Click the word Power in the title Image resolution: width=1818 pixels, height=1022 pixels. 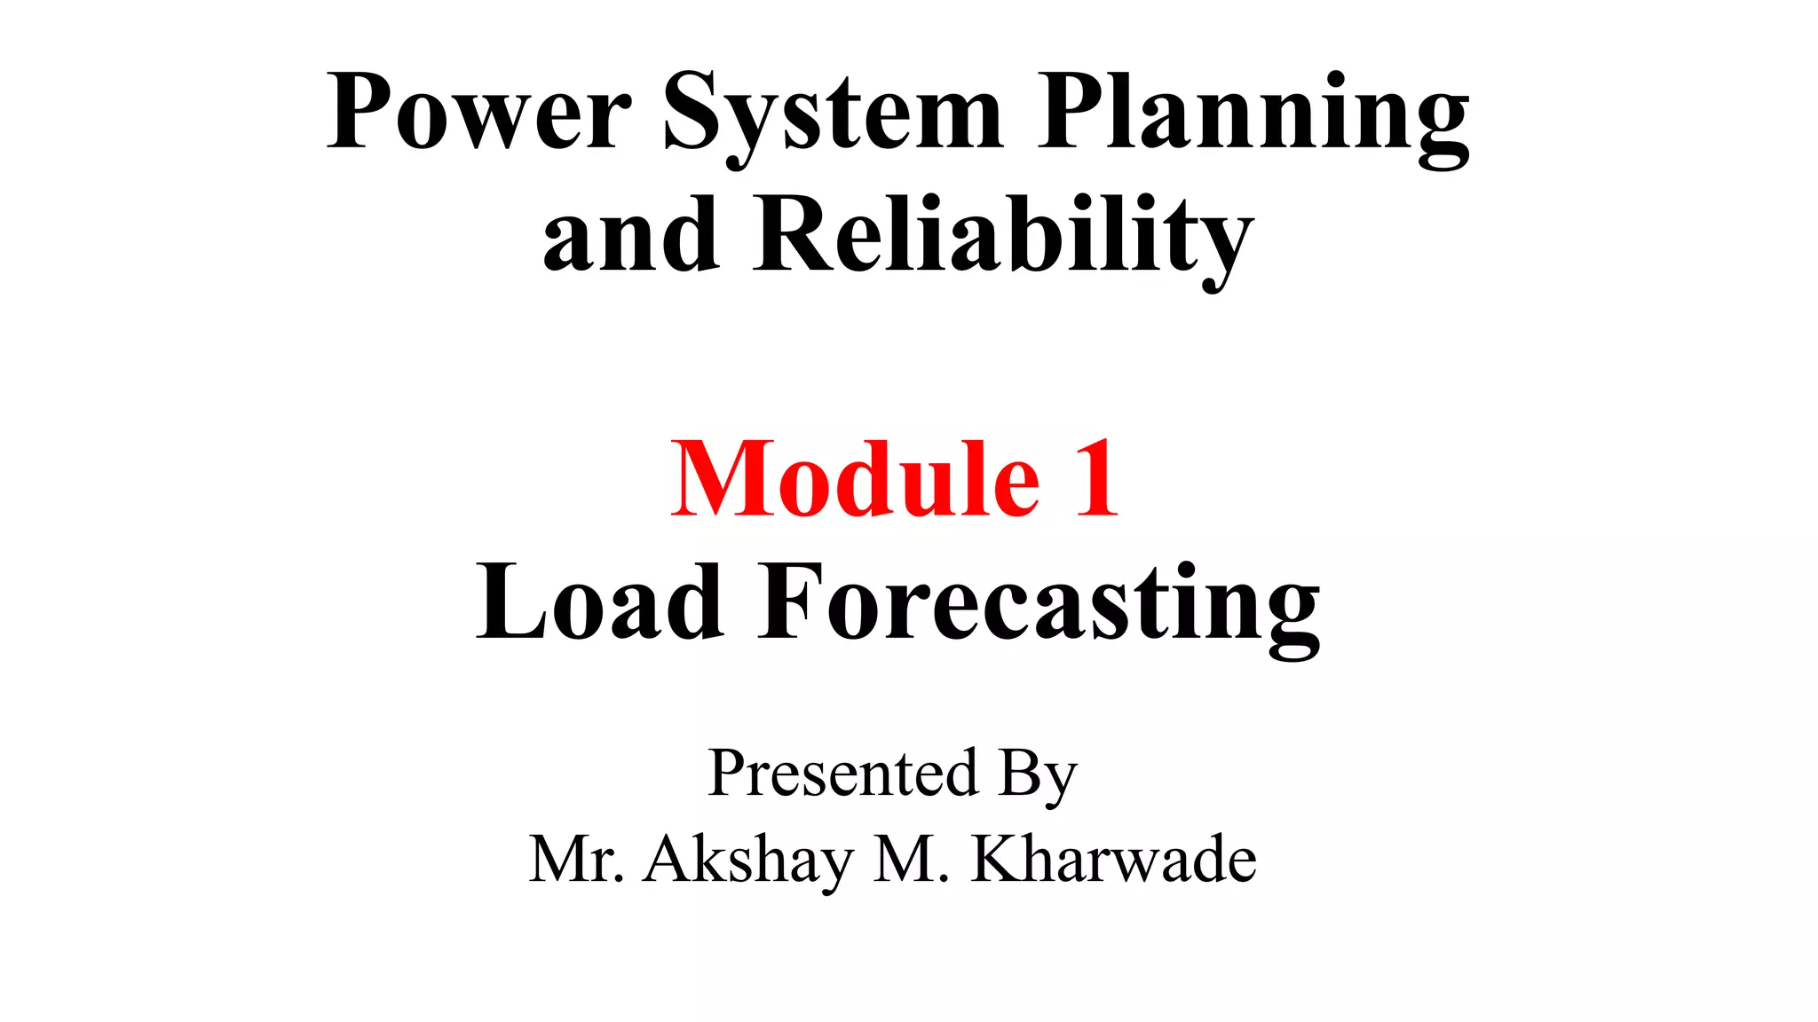479,113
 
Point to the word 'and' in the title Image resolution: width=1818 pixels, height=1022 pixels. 631,235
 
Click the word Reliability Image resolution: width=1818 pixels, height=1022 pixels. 1004,238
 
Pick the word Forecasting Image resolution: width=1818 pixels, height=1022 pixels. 1039,605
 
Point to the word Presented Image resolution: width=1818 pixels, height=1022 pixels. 843,774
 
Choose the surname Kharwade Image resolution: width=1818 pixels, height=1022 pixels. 1114,859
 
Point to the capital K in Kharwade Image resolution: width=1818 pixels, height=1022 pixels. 996,858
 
